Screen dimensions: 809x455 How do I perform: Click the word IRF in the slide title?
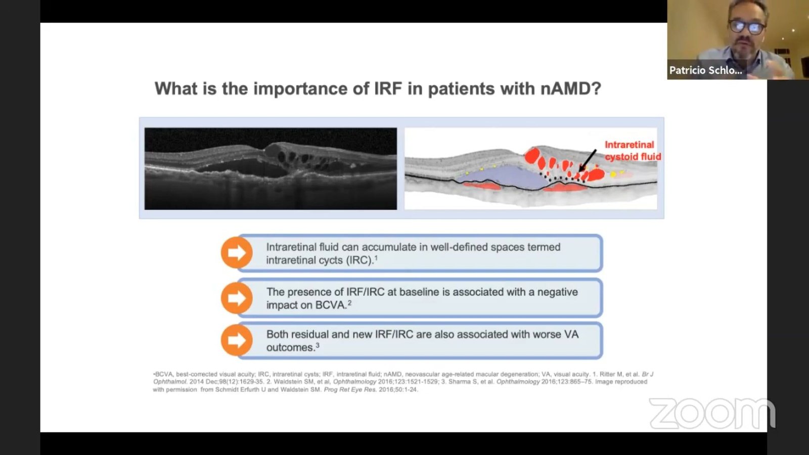388,88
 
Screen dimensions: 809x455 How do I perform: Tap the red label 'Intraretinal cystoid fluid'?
633,151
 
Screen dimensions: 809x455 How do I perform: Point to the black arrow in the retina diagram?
588,160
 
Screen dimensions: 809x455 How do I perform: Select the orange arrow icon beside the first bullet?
237,253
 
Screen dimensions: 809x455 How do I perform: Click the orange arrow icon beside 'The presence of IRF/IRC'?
237,298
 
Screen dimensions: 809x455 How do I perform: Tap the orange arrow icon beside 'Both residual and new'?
237,340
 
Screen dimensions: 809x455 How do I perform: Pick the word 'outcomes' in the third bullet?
290,347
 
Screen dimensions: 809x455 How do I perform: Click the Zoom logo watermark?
712,413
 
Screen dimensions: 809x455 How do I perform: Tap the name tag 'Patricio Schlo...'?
706,70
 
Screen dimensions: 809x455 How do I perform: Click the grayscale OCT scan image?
271,169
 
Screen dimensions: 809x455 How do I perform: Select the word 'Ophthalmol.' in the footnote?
170,382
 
